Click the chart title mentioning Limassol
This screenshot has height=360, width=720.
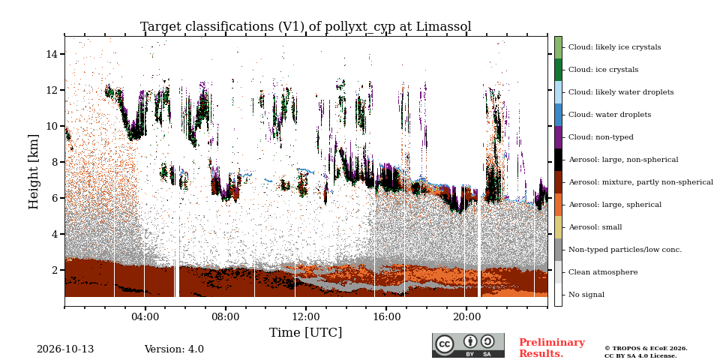click(306, 27)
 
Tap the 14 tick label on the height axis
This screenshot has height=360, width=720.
click(52, 54)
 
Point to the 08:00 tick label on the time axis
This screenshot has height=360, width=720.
click(226, 316)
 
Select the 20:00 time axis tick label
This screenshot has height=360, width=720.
click(466, 316)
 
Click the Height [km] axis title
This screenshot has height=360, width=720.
click(34, 172)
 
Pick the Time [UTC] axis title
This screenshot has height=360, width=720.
click(306, 332)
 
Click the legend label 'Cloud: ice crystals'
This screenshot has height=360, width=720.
click(603, 70)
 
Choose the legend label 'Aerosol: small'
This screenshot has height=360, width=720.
click(595, 227)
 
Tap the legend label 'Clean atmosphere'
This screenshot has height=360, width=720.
click(603, 272)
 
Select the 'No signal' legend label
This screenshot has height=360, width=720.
click(586, 295)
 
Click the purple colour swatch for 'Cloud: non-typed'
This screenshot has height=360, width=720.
click(558, 137)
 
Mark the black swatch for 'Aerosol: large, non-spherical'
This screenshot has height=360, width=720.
click(558, 160)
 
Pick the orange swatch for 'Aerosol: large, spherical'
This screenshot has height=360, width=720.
click(558, 205)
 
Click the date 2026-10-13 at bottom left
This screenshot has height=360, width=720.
click(65, 349)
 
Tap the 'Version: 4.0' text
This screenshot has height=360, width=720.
click(174, 349)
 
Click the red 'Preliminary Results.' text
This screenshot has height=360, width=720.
click(552, 348)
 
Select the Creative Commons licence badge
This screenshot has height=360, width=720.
click(468, 345)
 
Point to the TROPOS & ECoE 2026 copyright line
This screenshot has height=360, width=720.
click(646, 349)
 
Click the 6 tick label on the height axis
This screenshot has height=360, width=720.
click(55, 198)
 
